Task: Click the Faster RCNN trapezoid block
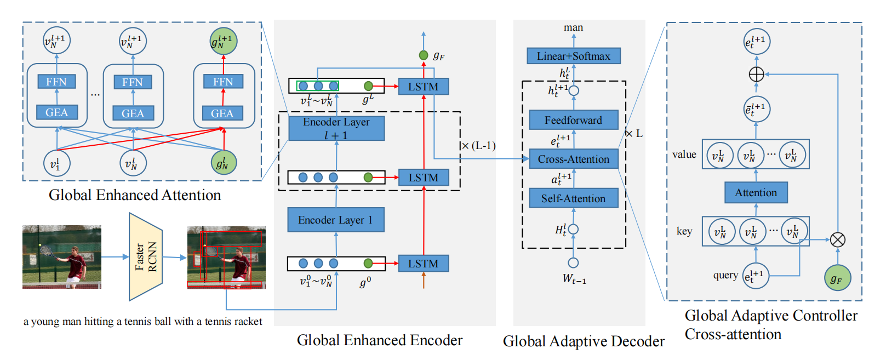click(x=146, y=257)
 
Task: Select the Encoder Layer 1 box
click(x=335, y=220)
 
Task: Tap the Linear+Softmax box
click(x=573, y=56)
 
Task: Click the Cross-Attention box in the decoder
click(x=573, y=159)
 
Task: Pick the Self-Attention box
click(x=573, y=198)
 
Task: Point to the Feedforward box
click(x=573, y=120)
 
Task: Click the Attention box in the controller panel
click(x=756, y=192)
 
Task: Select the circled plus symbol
click(x=756, y=74)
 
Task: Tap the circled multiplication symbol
click(x=837, y=239)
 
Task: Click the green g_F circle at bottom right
click(x=837, y=278)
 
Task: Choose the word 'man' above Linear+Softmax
click(x=573, y=27)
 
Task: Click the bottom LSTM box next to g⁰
click(x=423, y=264)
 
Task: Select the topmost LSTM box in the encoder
click(x=423, y=87)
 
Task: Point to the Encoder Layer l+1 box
click(x=336, y=128)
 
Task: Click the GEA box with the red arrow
click(x=222, y=113)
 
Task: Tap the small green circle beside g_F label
click(x=424, y=55)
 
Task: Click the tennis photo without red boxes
click(x=62, y=257)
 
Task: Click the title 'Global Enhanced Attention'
click(x=135, y=195)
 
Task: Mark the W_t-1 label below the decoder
click(x=574, y=279)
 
